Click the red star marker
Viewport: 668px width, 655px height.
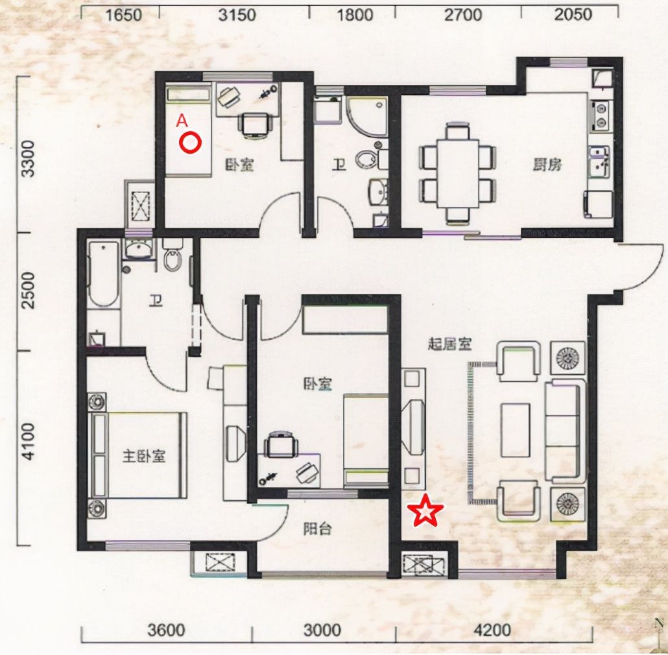(425, 510)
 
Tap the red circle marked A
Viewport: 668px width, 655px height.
(189, 143)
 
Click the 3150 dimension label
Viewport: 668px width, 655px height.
(237, 15)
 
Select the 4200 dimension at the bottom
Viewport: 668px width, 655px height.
(492, 630)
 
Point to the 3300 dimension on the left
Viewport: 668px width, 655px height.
(29, 158)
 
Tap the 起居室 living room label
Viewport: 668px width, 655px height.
(450, 344)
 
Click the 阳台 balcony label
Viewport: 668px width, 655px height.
(317, 529)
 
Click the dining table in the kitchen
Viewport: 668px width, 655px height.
(458, 174)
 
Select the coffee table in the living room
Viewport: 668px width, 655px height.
(516, 430)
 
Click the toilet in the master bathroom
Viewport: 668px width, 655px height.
(173, 255)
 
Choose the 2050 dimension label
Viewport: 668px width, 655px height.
(573, 15)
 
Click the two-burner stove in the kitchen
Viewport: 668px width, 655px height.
(601, 116)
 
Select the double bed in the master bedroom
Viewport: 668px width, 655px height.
(137, 455)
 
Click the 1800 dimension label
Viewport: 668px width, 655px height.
(355, 15)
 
